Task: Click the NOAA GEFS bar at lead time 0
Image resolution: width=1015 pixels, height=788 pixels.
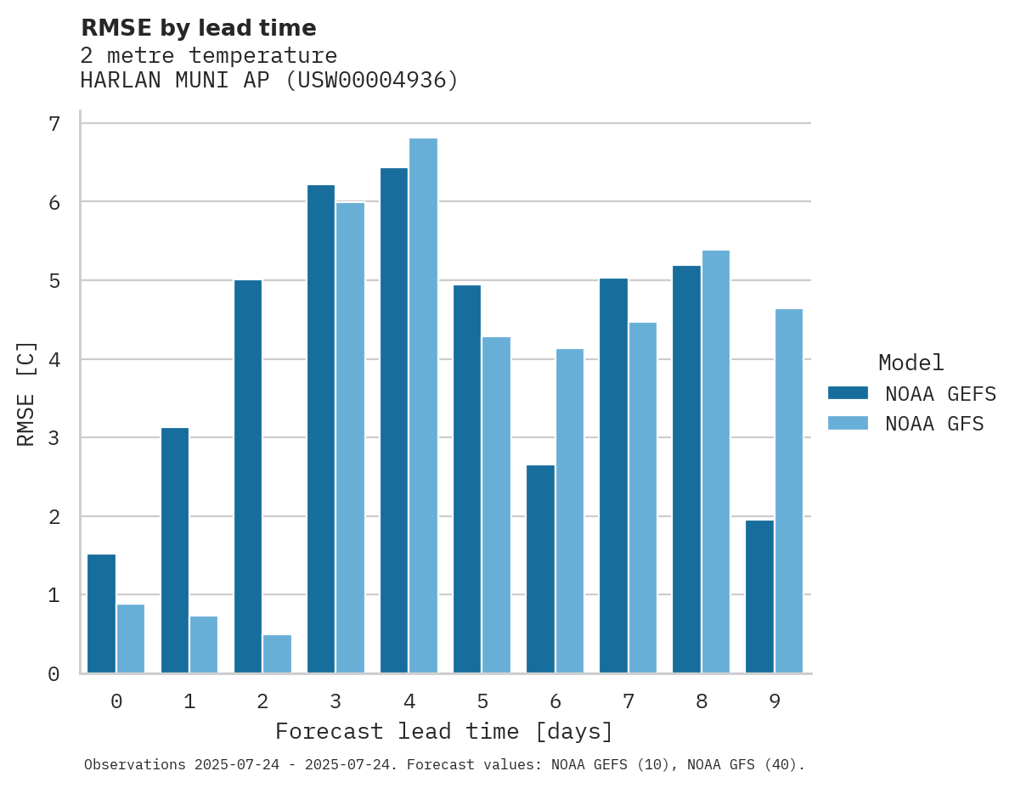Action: click(101, 613)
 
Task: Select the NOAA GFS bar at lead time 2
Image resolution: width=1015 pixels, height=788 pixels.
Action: click(277, 654)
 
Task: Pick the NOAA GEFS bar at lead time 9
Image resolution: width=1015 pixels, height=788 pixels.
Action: click(759, 596)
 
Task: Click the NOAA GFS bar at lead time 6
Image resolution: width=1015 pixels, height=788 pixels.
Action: click(569, 511)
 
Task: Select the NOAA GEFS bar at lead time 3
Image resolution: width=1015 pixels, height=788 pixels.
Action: click(321, 429)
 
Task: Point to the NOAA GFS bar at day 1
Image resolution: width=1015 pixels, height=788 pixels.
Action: click(204, 644)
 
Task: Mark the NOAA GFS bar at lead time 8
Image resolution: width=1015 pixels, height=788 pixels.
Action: click(715, 461)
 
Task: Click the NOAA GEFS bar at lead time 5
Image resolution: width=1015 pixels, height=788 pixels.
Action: click(467, 479)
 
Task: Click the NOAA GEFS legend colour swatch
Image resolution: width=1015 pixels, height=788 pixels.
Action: click(848, 393)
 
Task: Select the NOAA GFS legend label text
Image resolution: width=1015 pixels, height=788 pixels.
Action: click(934, 424)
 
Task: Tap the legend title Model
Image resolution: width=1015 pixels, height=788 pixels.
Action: click(911, 363)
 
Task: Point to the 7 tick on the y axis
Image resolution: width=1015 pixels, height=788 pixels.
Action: click(54, 124)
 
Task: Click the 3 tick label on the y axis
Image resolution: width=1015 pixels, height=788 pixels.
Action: click(54, 438)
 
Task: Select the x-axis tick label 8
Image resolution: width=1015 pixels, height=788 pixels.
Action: click(701, 701)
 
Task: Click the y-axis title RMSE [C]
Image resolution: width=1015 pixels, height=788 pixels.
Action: click(26, 393)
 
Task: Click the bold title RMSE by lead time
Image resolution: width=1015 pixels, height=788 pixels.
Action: click(198, 28)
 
